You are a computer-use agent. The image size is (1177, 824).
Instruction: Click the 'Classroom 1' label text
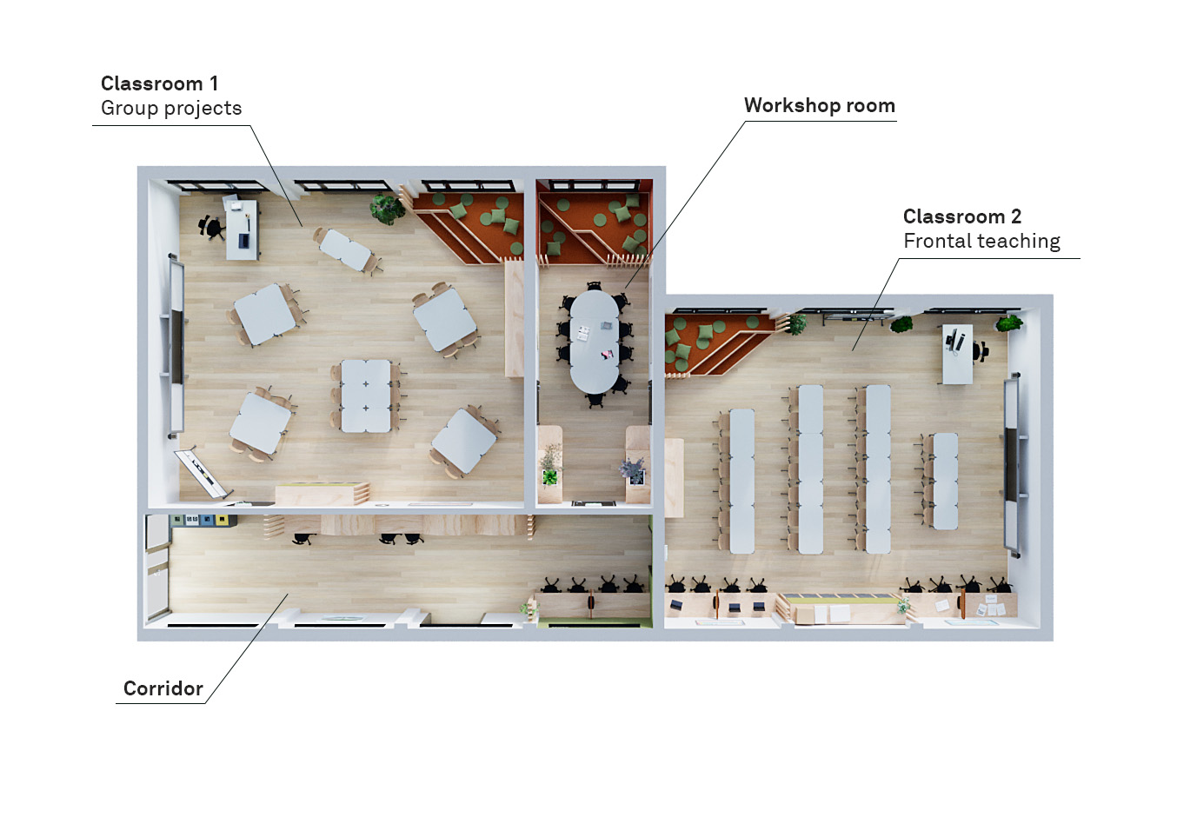coord(159,83)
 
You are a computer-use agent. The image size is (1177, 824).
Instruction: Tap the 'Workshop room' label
coord(819,106)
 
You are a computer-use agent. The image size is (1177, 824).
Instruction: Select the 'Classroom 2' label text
coord(962,216)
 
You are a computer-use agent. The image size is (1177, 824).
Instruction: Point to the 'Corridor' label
coord(163,688)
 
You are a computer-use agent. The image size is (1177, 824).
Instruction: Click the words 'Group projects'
coord(171,109)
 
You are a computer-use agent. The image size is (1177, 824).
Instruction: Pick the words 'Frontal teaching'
coord(981,242)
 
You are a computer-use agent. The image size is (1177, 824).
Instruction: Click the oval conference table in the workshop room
coord(595,341)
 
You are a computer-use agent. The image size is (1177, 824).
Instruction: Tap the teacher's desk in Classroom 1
coord(243,229)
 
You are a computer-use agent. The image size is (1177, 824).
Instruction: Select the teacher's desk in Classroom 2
coord(957,354)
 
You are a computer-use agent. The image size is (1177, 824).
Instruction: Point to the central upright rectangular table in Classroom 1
coord(366,395)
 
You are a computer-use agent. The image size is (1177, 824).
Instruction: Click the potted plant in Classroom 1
coord(387,209)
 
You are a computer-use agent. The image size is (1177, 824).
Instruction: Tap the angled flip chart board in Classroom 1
coord(202,473)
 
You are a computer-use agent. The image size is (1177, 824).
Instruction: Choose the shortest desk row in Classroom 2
coord(945,481)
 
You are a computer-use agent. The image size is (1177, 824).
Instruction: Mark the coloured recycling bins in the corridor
coord(203,521)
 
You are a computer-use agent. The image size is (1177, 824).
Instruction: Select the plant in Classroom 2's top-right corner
coord(1009,322)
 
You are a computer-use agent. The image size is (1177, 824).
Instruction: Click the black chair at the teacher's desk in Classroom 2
coord(981,351)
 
